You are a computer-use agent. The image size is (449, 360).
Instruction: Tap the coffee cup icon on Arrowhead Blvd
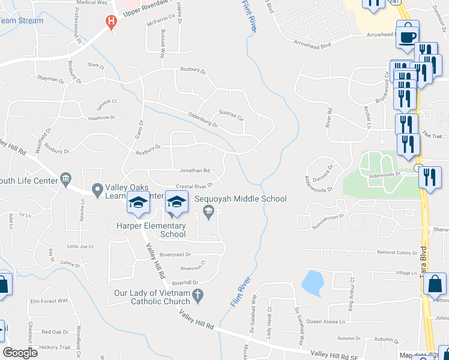(408, 34)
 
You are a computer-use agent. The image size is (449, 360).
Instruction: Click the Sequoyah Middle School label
(240, 199)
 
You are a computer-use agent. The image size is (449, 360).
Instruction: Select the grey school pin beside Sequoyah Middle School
(208, 210)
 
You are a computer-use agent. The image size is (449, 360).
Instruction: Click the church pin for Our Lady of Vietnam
(200, 294)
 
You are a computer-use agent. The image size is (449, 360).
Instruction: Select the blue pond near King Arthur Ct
(312, 283)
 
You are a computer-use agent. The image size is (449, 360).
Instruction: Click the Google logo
(20, 352)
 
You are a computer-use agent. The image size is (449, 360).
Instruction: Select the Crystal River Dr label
(194, 186)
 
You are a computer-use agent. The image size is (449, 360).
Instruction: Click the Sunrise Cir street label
(231, 113)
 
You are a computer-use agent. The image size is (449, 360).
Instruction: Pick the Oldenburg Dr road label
(202, 121)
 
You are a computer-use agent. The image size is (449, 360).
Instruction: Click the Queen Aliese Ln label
(326, 322)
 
